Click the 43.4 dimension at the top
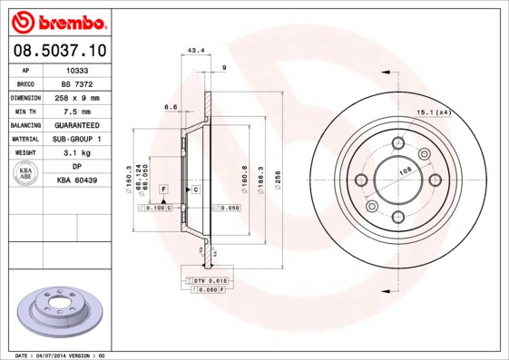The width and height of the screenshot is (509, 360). click(x=194, y=50)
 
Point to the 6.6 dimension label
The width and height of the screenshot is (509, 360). click(x=170, y=107)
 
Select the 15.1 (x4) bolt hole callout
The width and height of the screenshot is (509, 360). click(x=433, y=112)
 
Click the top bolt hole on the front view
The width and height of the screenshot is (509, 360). click(x=397, y=142)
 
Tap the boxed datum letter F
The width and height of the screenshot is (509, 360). click(x=163, y=188)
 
